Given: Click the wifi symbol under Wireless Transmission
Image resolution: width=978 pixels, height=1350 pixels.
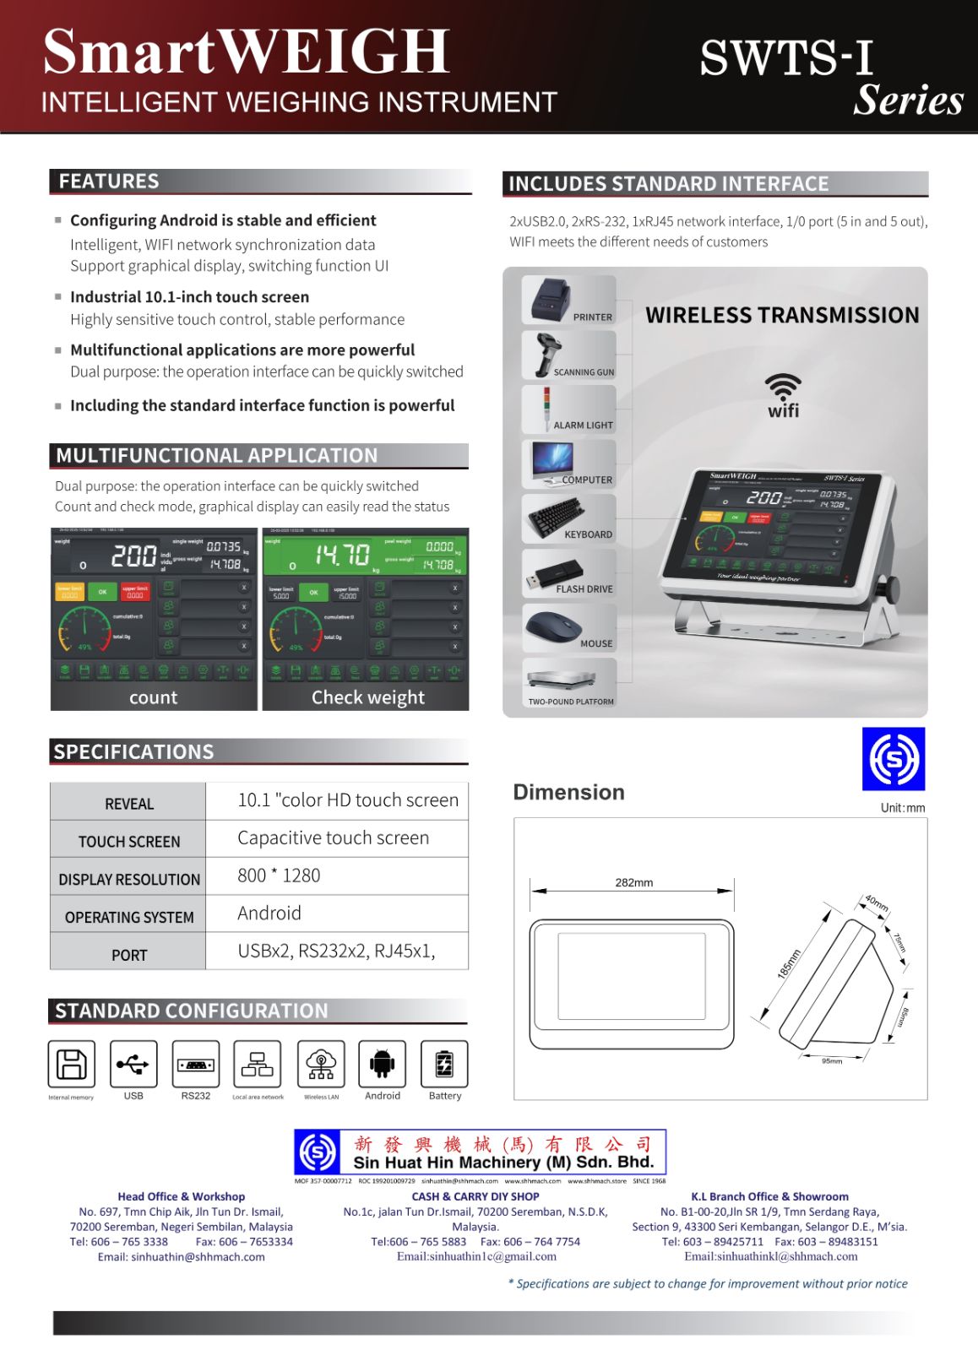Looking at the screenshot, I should coord(783,394).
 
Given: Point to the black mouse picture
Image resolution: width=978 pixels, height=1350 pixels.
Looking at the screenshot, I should coord(554,628).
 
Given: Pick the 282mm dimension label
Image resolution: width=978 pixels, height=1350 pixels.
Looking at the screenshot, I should coord(633,882).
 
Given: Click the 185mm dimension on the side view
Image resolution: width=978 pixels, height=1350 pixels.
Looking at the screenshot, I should coord(788,963).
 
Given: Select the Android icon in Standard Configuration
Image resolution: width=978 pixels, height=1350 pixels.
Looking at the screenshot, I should coord(383,1064).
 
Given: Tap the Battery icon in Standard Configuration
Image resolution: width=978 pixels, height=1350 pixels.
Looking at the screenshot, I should coord(444,1064).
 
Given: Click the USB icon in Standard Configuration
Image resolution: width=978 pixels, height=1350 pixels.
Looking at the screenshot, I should coord(133,1064).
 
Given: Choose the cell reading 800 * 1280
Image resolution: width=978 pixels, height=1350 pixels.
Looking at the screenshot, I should coord(279,876).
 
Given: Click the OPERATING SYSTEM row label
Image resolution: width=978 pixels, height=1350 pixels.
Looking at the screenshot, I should coord(129,917).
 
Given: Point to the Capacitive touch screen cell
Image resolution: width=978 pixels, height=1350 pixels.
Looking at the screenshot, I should coord(333,838).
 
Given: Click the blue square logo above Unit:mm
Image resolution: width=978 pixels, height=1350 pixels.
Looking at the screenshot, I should coord(893,758).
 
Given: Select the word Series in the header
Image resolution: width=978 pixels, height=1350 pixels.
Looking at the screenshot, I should coord(908,100).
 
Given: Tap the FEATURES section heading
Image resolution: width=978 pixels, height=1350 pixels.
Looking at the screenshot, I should coord(109,182).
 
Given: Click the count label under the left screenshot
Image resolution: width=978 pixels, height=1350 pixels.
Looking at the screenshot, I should coord(153,697).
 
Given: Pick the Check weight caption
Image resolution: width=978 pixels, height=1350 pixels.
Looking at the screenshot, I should coord(367,697).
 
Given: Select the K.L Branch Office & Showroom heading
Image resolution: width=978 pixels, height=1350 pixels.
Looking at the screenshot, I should coord(769,1196).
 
